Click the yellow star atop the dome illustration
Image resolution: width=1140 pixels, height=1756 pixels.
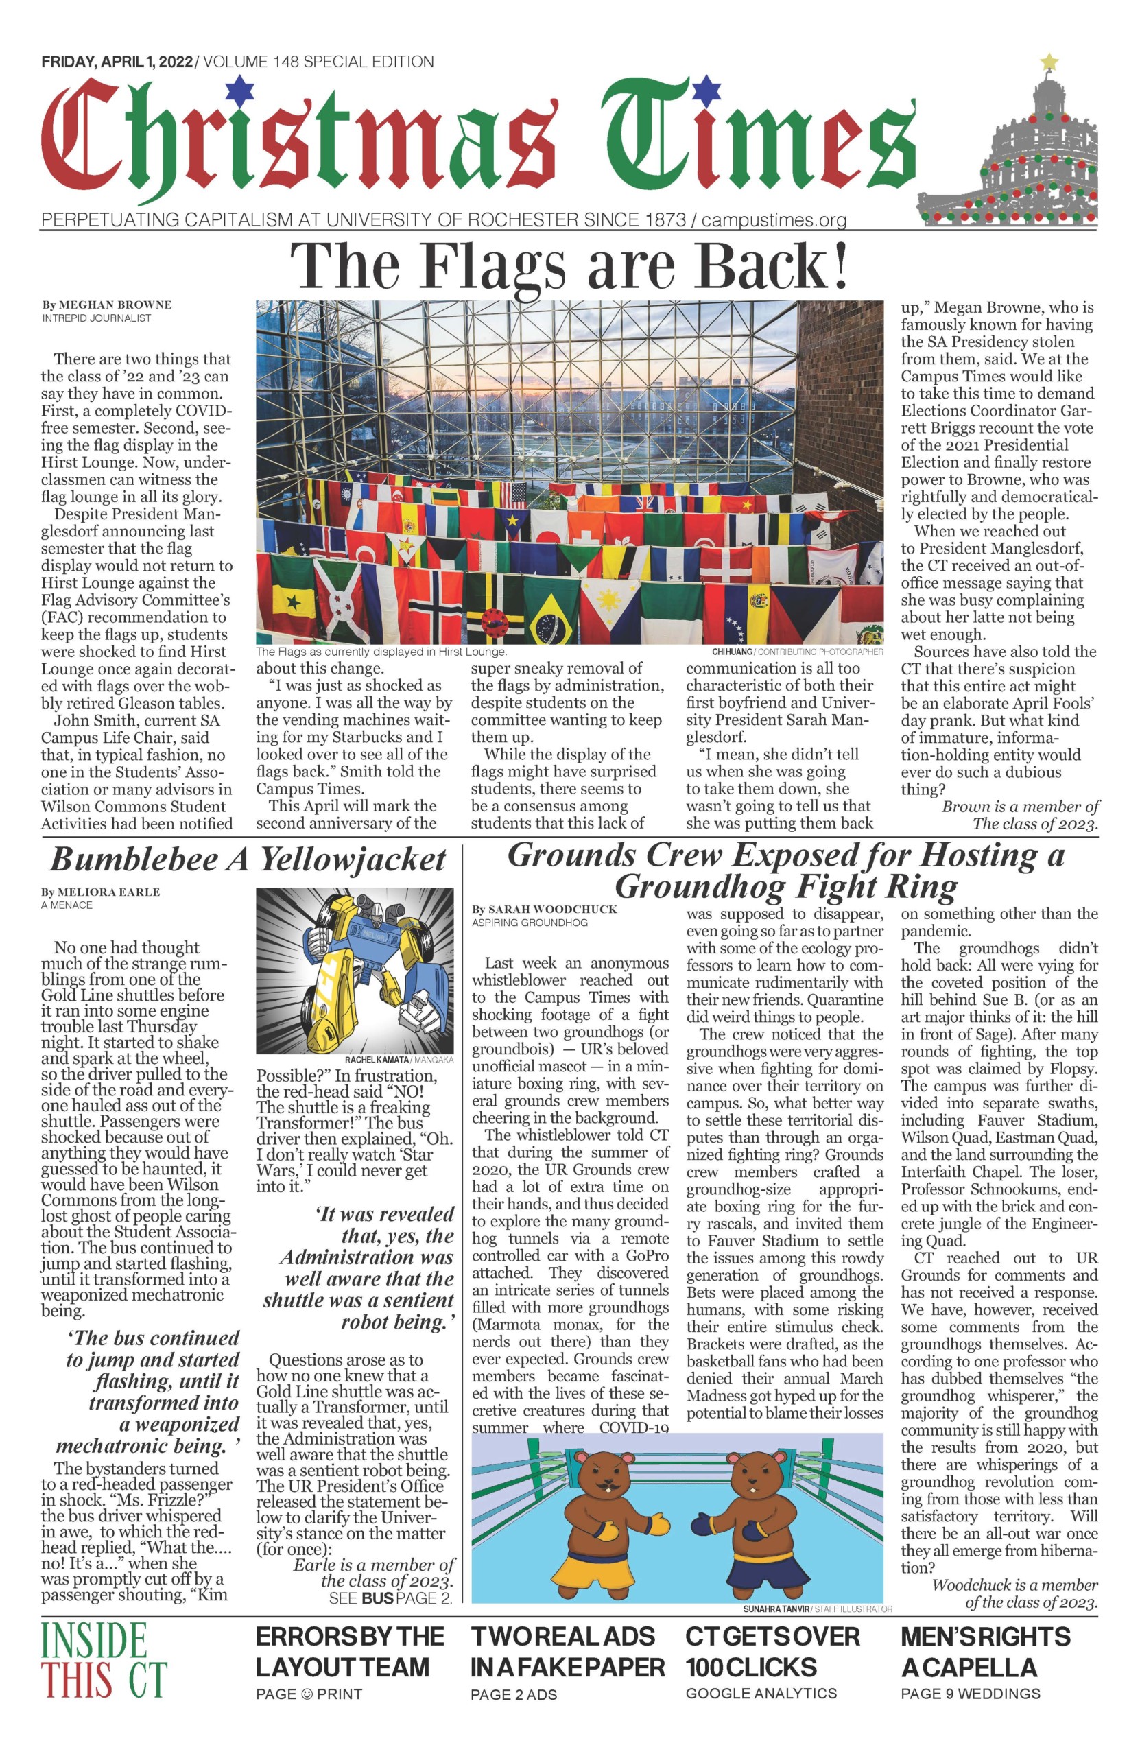pos(1049,62)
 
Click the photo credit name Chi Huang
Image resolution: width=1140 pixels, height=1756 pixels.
pos(732,652)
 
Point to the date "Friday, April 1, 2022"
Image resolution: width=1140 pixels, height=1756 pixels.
pos(117,62)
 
